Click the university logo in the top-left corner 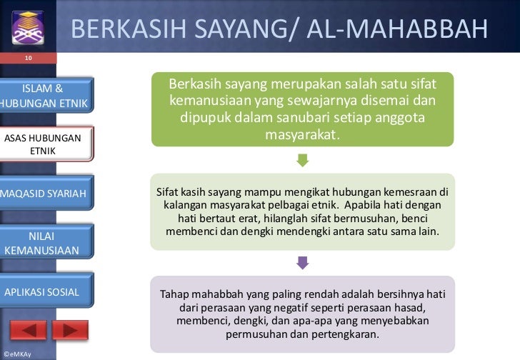(x=28, y=27)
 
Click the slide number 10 (x=28, y=57)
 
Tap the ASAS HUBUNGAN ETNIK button (x=44, y=145)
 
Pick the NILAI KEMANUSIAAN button (x=43, y=243)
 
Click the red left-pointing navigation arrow (x=29, y=331)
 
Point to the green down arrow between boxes (x=302, y=161)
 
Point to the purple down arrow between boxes (x=302, y=263)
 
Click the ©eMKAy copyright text (x=17, y=354)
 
